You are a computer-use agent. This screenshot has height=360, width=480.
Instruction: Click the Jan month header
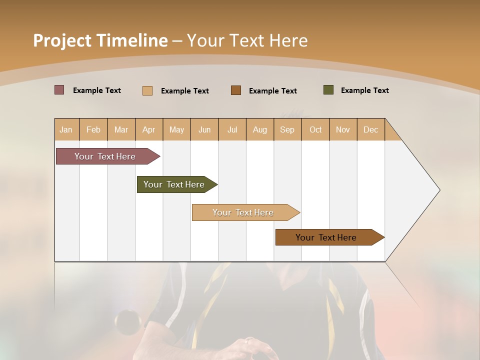pyautogui.click(x=66, y=129)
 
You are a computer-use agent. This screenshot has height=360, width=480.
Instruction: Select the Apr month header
pyautogui.click(x=149, y=129)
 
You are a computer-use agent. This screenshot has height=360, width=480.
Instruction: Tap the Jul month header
pyautogui.click(x=232, y=129)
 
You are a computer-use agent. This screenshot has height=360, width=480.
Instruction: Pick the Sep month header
pyautogui.click(x=287, y=129)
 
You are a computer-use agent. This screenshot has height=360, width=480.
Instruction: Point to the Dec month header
pyautogui.click(x=370, y=129)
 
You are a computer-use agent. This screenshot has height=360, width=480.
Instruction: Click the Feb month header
pyautogui.click(x=93, y=129)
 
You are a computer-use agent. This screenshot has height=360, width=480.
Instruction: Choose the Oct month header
pyautogui.click(x=315, y=129)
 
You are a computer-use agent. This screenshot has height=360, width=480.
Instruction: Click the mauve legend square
pyautogui.click(x=59, y=90)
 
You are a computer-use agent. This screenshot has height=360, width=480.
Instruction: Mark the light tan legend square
pyautogui.click(x=147, y=90)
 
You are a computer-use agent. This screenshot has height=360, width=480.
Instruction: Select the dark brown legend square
pyautogui.click(x=236, y=90)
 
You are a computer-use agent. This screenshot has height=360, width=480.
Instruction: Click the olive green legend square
pyautogui.click(x=328, y=90)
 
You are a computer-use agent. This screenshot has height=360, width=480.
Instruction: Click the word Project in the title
pyautogui.click(x=62, y=40)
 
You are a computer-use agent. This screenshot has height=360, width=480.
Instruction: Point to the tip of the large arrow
pyautogui.click(x=439, y=190)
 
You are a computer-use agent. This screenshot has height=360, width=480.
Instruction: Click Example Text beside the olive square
pyautogui.click(x=364, y=90)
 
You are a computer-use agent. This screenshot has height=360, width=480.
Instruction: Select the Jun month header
pyautogui.click(x=204, y=129)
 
